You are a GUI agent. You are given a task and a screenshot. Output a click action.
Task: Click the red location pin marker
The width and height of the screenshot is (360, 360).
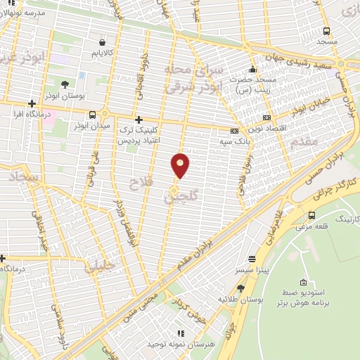pyautogui.click(x=181, y=165)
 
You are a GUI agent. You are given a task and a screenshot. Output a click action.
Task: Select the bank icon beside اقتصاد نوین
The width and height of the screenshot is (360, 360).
pyautogui.click(x=266, y=117)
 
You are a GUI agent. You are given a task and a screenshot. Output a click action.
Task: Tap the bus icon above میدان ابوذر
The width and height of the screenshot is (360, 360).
pyautogui.click(x=93, y=115)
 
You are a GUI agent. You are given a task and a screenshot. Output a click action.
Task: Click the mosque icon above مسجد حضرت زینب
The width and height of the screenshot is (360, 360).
pyautogui.click(x=252, y=70)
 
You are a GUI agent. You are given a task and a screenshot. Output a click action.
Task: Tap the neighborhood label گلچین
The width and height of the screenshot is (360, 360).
pyautogui.click(x=178, y=195)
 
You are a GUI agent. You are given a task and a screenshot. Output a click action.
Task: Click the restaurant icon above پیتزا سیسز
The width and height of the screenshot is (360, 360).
pyautogui.click(x=252, y=258)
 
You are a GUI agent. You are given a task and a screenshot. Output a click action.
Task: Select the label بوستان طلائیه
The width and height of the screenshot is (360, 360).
pyautogui.click(x=236, y=299)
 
